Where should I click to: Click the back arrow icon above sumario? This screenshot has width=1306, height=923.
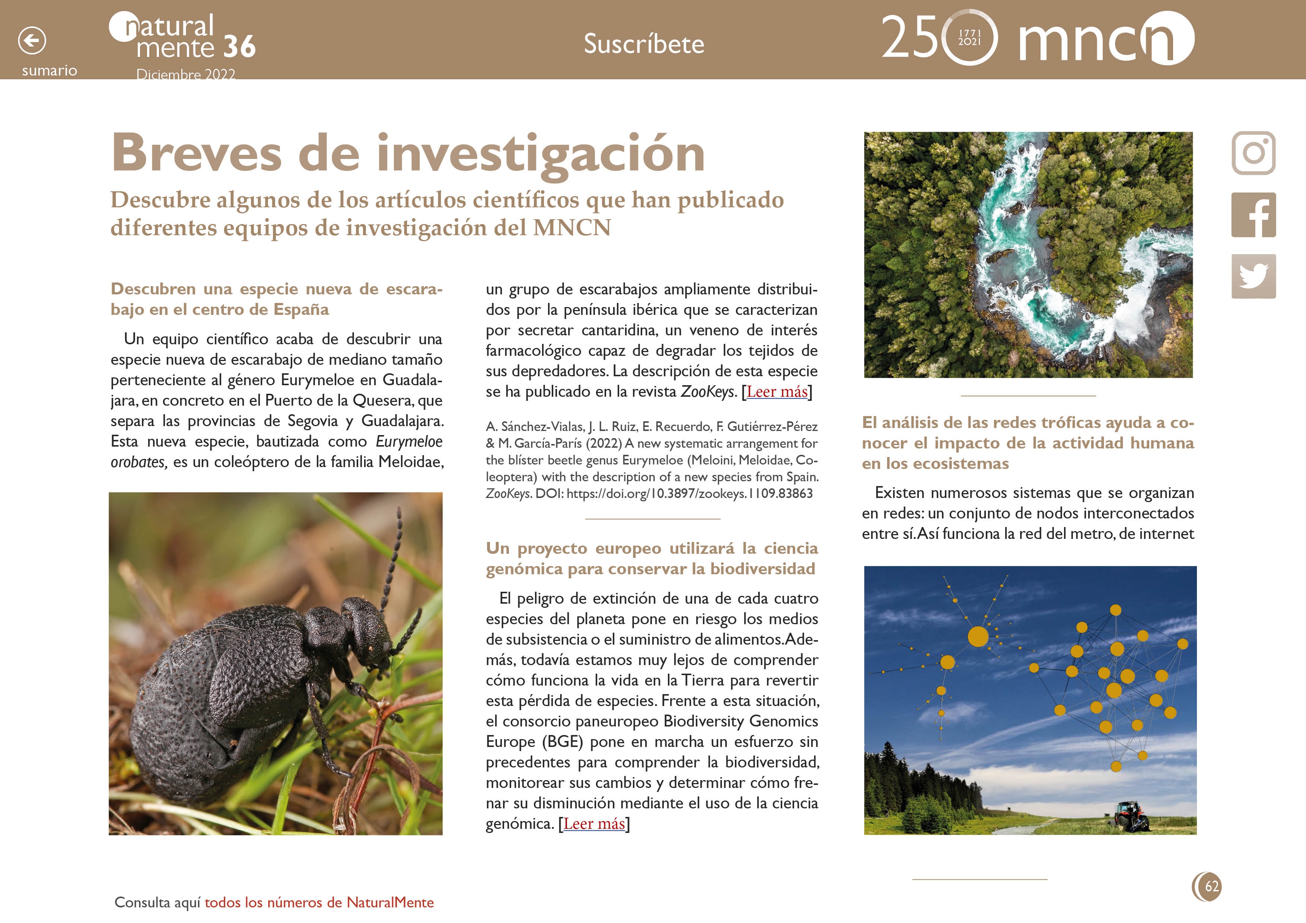32,41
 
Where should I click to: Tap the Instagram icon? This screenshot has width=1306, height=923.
1253,153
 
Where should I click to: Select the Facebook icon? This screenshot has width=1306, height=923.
1253,215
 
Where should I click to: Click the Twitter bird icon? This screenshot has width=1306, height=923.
1253,277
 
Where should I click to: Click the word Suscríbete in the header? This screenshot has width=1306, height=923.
644,44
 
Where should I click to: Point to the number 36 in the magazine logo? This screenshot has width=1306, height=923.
239,47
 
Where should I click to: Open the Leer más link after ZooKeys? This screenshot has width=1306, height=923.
777,392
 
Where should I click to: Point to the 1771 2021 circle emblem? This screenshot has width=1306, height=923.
969,38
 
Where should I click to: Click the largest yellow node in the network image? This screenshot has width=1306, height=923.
978,636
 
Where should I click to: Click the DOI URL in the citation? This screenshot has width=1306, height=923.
689,494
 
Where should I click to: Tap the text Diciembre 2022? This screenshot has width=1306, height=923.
185,74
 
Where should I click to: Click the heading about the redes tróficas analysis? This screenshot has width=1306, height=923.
1027,443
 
